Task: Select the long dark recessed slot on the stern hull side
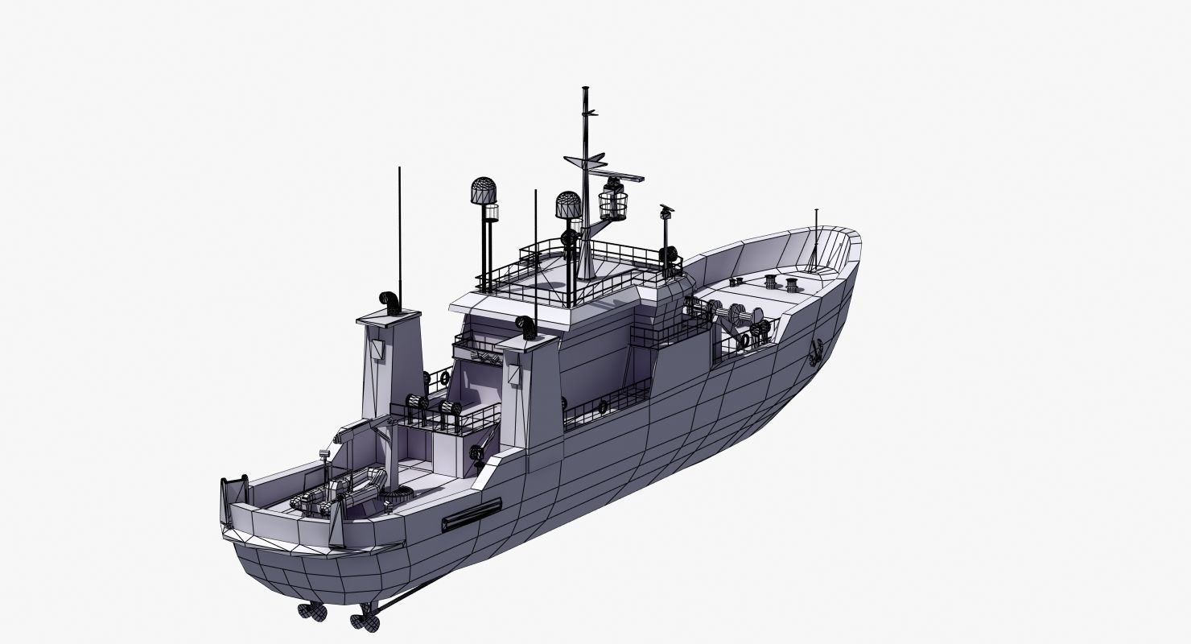click(472, 514)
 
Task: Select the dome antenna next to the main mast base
click(568, 205)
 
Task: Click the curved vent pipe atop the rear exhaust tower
click(390, 301)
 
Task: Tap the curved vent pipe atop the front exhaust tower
click(526, 327)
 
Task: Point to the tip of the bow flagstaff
click(816, 211)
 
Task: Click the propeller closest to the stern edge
click(313, 611)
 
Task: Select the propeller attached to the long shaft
click(366, 620)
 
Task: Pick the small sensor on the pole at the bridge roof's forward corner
click(666, 212)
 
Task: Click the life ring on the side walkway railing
click(602, 407)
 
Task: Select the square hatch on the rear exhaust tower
click(376, 349)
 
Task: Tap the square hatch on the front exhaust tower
click(512, 374)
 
